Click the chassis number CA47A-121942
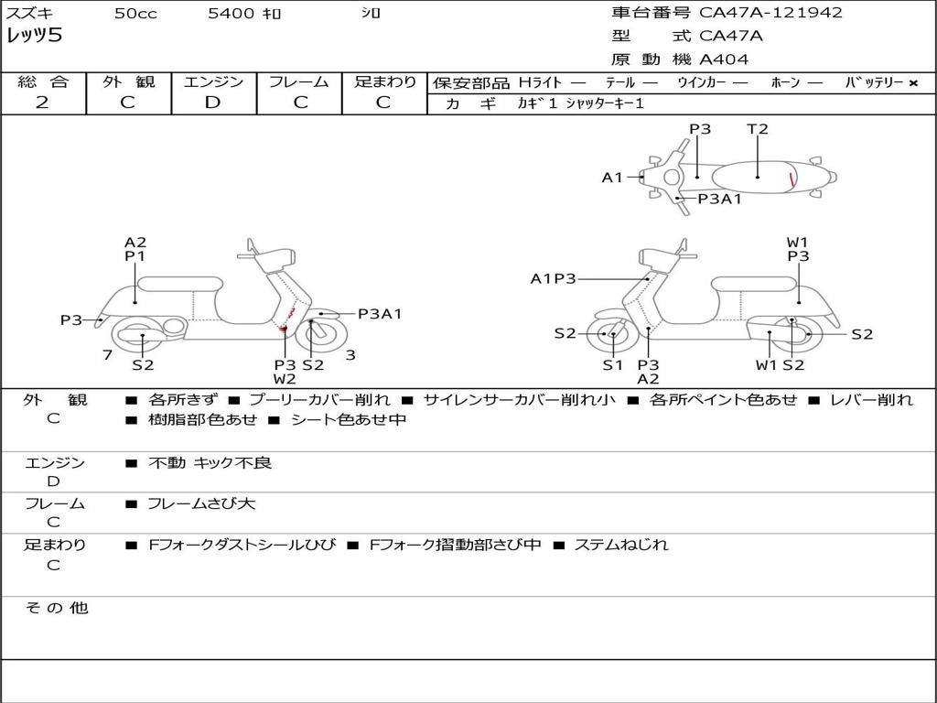(x=770, y=13)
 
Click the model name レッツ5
(x=35, y=37)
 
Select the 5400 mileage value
(x=232, y=14)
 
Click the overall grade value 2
(x=42, y=103)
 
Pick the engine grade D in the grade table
(x=212, y=103)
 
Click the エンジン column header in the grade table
(x=213, y=81)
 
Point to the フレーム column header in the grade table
(x=299, y=81)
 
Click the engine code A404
(x=724, y=59)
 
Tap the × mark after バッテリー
(x=912, y=83)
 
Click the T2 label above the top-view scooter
(x=758, y=129)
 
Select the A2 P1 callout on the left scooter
(x=135, y=250)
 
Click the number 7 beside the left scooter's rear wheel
(x=108, y=355)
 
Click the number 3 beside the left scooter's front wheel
(x=350, y=355)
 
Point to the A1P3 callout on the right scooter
(x=554, y=279)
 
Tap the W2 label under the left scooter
(x=285, y=379)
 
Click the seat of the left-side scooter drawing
(x=180, y=284)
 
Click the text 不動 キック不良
(x=210, y=463)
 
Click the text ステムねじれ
(x=621, y=545)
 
